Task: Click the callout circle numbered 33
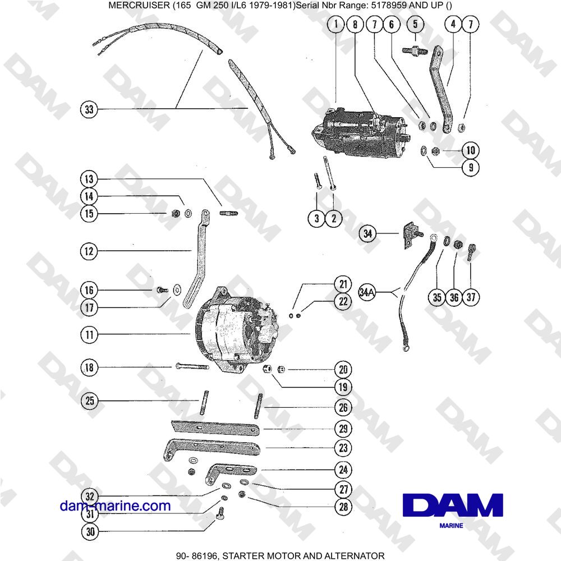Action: (88, 109)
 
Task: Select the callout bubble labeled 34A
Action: (368, 292)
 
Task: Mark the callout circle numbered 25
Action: (89, 401)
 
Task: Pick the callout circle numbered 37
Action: (471, 297)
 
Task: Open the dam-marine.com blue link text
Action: (115, 506)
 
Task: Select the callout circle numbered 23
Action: (343, 448)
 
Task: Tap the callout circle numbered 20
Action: (343, 370)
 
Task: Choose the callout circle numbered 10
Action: (471, 150)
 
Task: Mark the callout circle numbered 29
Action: (343, 429)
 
